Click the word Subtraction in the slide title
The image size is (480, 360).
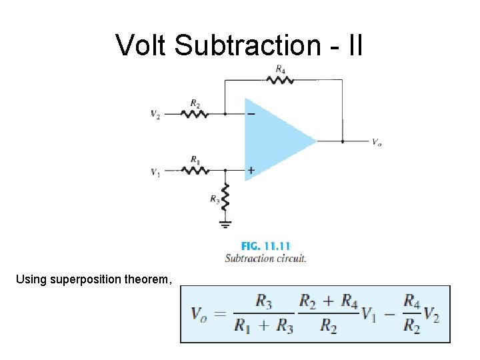tap(256, 45)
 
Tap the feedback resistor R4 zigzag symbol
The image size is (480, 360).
tap(280, 80)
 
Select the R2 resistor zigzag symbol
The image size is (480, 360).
tap(195, 114)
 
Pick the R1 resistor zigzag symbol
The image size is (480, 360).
tap(195, 171)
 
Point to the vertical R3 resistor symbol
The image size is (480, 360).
tap(225, 197)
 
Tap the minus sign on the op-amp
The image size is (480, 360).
tap(251, 114)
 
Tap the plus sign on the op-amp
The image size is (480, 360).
tap(251, 171)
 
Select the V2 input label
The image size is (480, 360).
tap(155, 115)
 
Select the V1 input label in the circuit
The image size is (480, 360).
tap(155, 172)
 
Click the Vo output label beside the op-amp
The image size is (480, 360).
tap(377, 142)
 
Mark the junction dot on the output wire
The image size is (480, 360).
tap(342, 141)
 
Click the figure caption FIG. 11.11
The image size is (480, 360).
tap(265, 246)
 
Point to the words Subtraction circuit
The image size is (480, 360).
tap(265, 258)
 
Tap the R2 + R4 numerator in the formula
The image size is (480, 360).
tap(329, 301)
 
